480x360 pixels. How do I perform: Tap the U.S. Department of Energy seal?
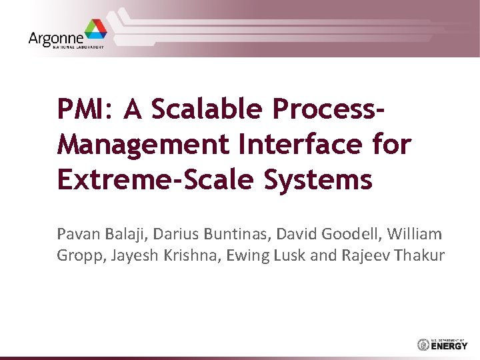click(x=422, y=345)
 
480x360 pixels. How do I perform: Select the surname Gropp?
click(x=77, y=255)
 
